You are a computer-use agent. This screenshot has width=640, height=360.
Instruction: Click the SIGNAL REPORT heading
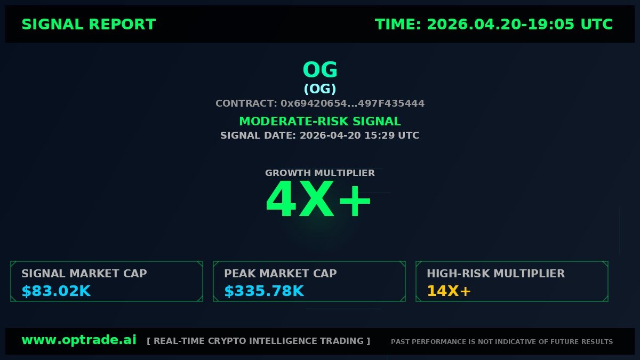[89, 25]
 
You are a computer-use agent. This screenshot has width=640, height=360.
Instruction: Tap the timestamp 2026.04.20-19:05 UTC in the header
[520, 25]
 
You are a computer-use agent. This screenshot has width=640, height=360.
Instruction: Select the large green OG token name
[320, 70]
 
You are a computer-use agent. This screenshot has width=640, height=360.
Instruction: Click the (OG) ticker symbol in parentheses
[320, 89]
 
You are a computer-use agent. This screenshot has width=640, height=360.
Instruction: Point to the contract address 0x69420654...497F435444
[353, 103]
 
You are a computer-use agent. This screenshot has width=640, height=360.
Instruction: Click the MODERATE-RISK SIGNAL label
[320, 122]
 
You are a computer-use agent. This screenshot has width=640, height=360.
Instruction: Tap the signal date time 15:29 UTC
[391, 135]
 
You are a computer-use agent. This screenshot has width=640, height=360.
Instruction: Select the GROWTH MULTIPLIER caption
[320, 173]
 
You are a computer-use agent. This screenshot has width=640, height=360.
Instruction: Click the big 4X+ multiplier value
[319, 200]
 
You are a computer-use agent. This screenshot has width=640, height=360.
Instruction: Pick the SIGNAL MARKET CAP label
[84, 274]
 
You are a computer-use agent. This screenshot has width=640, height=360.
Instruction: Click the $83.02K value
[56, 291]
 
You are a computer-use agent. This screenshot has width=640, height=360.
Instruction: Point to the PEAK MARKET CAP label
[281, 274]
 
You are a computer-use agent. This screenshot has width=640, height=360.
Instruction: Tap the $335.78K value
[264, 291]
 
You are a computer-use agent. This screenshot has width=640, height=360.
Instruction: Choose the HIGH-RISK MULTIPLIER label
[495, 274]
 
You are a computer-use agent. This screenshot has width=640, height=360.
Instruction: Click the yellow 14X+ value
[449, 291]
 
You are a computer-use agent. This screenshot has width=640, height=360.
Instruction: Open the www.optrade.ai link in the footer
[79, 340]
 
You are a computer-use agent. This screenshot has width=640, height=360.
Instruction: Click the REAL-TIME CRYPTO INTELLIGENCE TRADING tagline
[258, 341]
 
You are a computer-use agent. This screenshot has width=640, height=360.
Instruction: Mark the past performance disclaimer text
[502, 341]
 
